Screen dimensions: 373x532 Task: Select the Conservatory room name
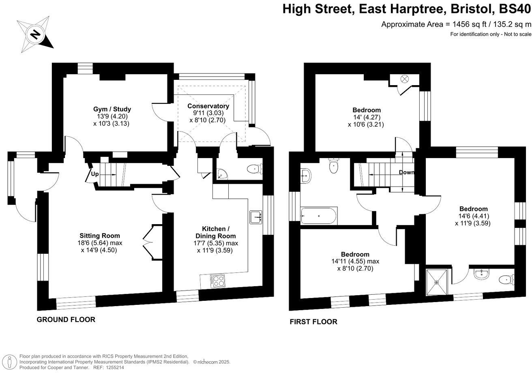pos(208,106)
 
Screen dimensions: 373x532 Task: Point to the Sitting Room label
pos(100,236)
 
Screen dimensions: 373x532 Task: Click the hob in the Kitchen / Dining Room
pos(218,281)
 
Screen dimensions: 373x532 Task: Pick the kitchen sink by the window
pos(255,217)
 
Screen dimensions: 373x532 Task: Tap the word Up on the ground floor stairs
pos(94,174)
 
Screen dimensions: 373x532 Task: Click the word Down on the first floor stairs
pos(406,172)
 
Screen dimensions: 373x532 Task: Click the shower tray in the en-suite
pos(437,282)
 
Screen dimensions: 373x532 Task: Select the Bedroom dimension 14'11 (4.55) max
pos(355,262)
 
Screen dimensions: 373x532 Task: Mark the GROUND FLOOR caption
pos(66,319)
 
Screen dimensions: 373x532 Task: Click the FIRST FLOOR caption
pos(313,322)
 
